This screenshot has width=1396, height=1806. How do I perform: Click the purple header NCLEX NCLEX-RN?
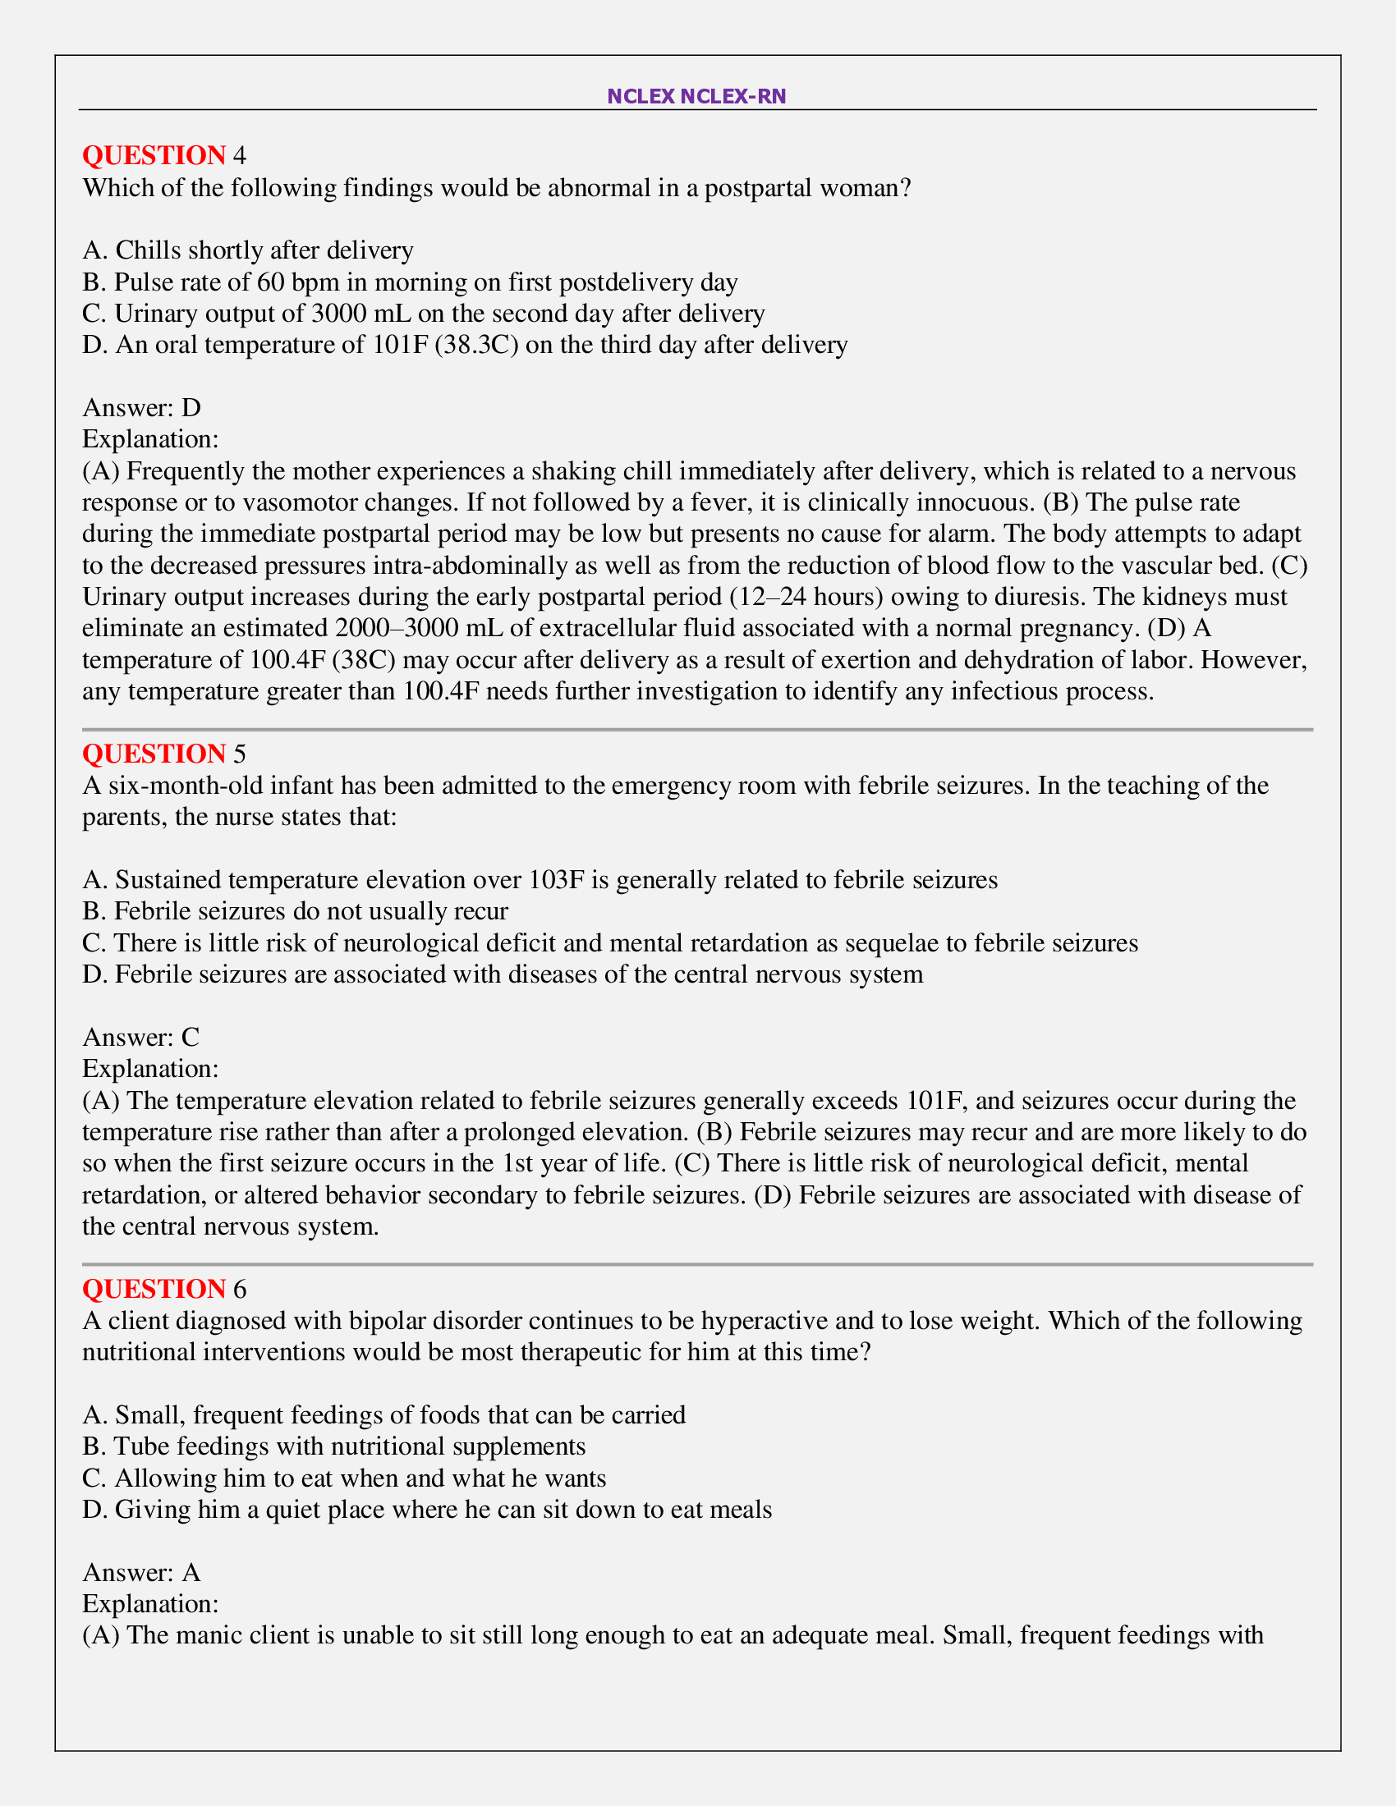click(696, 96)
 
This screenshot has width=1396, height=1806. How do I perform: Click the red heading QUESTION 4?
click(163, 155)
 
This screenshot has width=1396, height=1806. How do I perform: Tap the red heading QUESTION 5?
click(163, 754)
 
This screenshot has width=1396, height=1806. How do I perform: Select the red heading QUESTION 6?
click(163, 1288)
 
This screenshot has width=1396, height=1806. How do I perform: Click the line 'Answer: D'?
click(141, 408)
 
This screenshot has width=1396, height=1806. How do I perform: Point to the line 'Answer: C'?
click(141, 1037)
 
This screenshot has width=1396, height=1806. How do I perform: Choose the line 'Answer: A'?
click(141, 1572)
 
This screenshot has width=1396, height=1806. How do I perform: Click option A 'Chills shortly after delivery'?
click(248, 250)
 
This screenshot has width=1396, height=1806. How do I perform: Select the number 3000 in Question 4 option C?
click(339, 314)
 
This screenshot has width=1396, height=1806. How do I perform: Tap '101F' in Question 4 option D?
click(399, 345)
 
